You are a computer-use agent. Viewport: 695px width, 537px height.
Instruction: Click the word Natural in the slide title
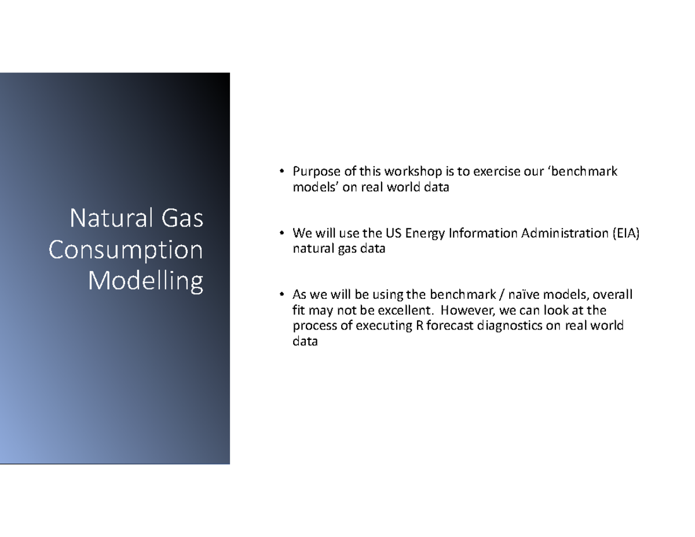tap(109, 219)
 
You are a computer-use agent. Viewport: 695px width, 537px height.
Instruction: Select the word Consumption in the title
tap(126, 250)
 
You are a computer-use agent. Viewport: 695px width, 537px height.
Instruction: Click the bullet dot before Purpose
tap(279, 171)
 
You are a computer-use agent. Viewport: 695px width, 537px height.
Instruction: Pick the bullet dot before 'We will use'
tap(279, 233)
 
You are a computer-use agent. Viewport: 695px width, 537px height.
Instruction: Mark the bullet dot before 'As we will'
tap(279, 295)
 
